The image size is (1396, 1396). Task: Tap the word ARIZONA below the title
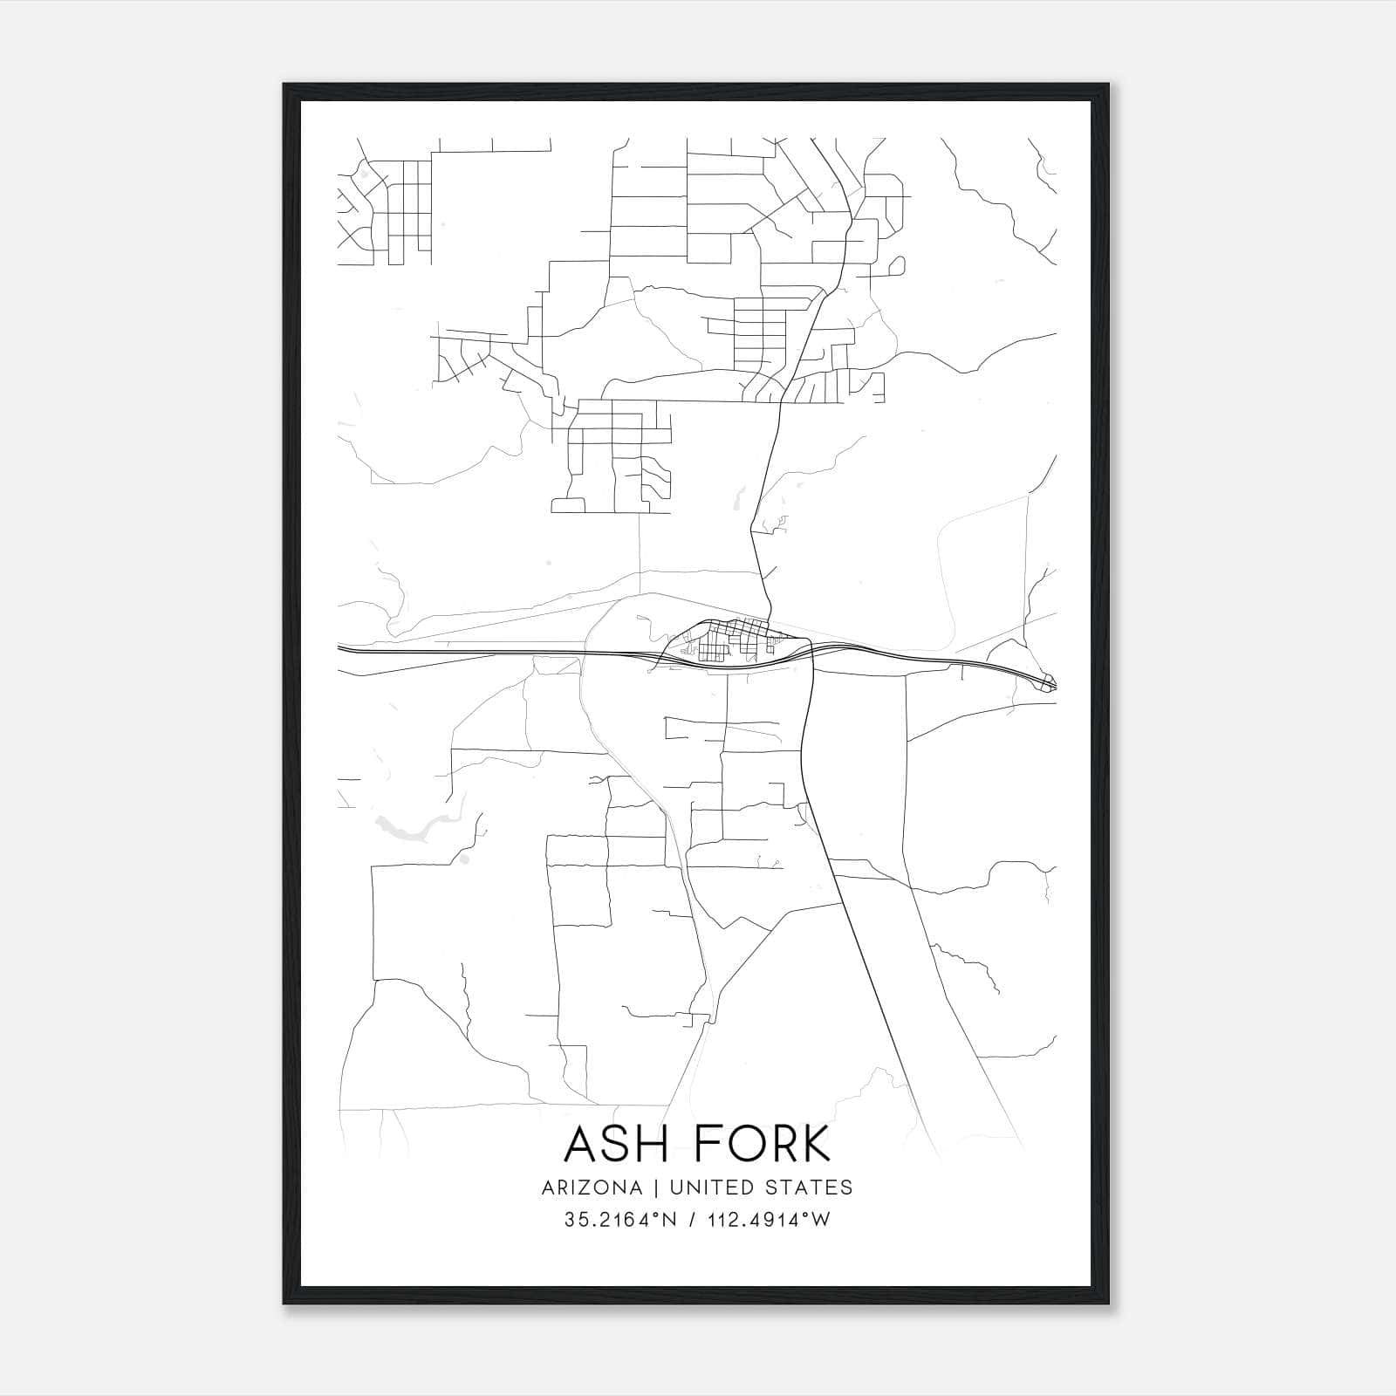click(x=592, y=1187)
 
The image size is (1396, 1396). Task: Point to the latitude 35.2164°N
click(x=620, y=1220)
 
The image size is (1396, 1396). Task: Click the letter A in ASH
click(x=581, y=1144)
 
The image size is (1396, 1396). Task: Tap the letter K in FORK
click(x=817, y=1144)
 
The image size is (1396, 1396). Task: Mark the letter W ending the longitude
click(x=821, y=1220)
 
